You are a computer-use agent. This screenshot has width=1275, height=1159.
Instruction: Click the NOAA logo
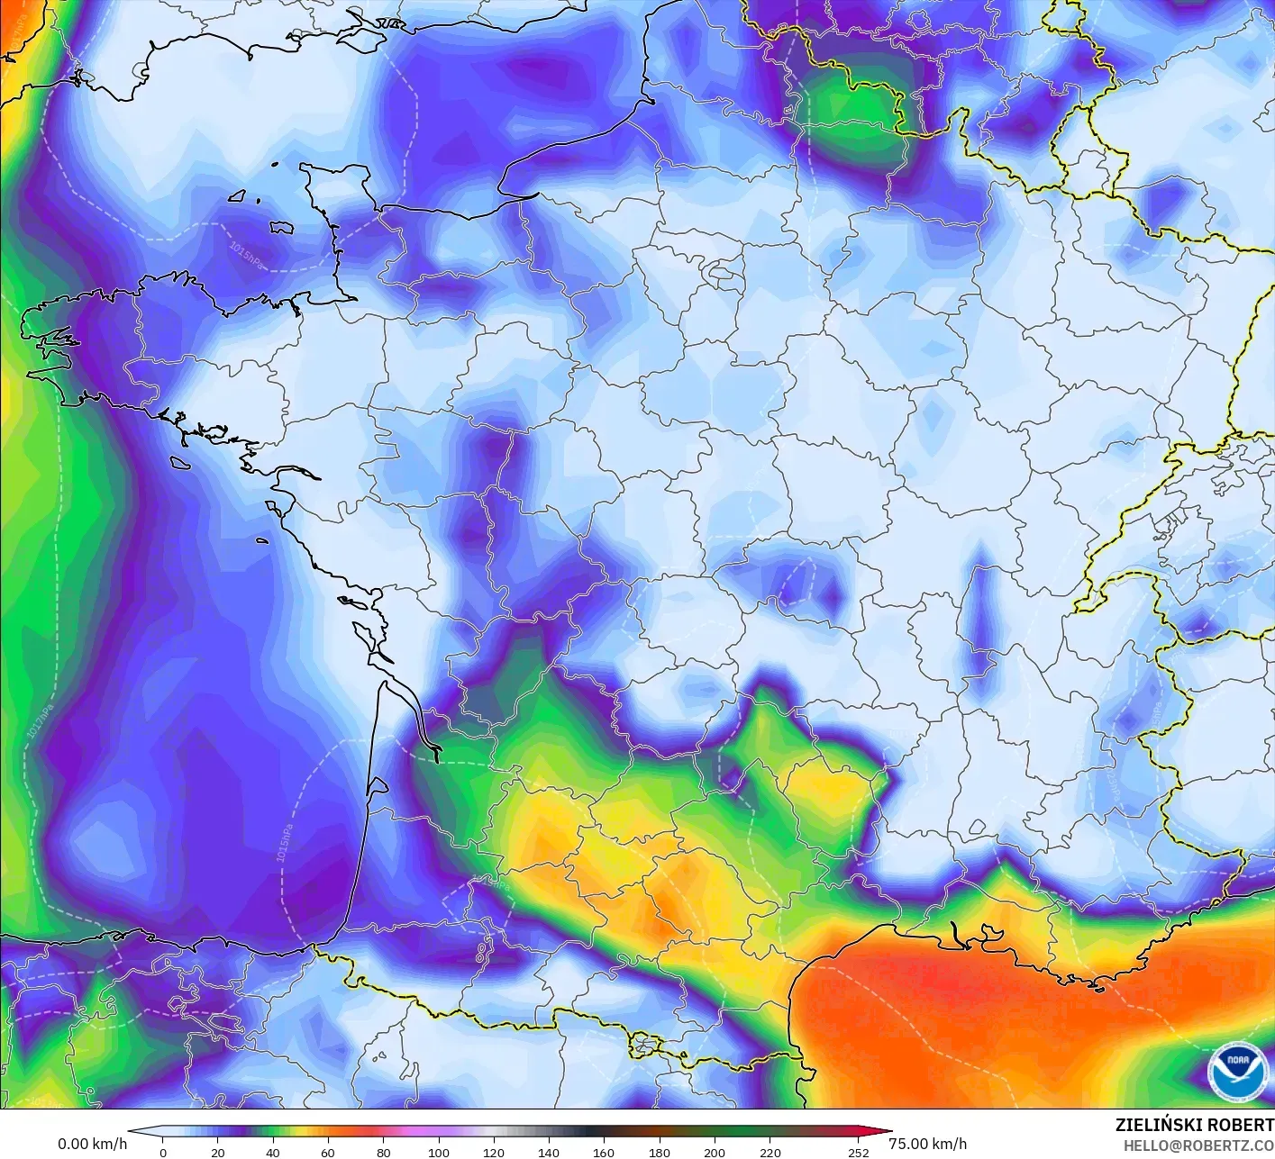click(x=1236, y=1072)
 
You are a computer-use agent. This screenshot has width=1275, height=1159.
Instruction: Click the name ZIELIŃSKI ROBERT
click(x=1194, y=1125)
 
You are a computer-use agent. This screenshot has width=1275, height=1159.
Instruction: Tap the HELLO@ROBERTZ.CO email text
click(x=1198, y=1145)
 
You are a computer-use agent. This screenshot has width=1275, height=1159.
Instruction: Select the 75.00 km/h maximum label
click(x=927, y=1144)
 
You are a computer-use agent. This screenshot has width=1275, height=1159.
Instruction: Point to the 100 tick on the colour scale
click(x=439, y=1152)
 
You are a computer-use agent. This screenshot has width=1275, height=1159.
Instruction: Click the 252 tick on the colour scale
click(x=858, y=1152)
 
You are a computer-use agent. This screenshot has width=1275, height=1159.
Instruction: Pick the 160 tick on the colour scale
click(x=604, y=1152)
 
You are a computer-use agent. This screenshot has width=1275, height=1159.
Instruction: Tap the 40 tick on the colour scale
click(x=273, y=1152)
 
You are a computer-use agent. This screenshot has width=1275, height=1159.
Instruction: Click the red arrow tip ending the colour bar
click(x=887, y=1132)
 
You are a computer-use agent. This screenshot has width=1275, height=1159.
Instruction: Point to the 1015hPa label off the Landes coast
click(x=285, y=842)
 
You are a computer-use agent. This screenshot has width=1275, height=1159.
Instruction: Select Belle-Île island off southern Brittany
click(x=178, y=463)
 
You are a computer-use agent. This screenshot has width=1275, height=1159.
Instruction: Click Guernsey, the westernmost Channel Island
click(x=238, y=195)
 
